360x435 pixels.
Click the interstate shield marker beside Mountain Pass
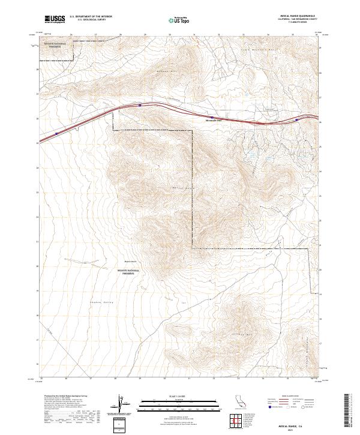click(211, 117)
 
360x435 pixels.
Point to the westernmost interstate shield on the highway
click(57, 134)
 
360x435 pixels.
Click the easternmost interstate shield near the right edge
click(296, 119)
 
